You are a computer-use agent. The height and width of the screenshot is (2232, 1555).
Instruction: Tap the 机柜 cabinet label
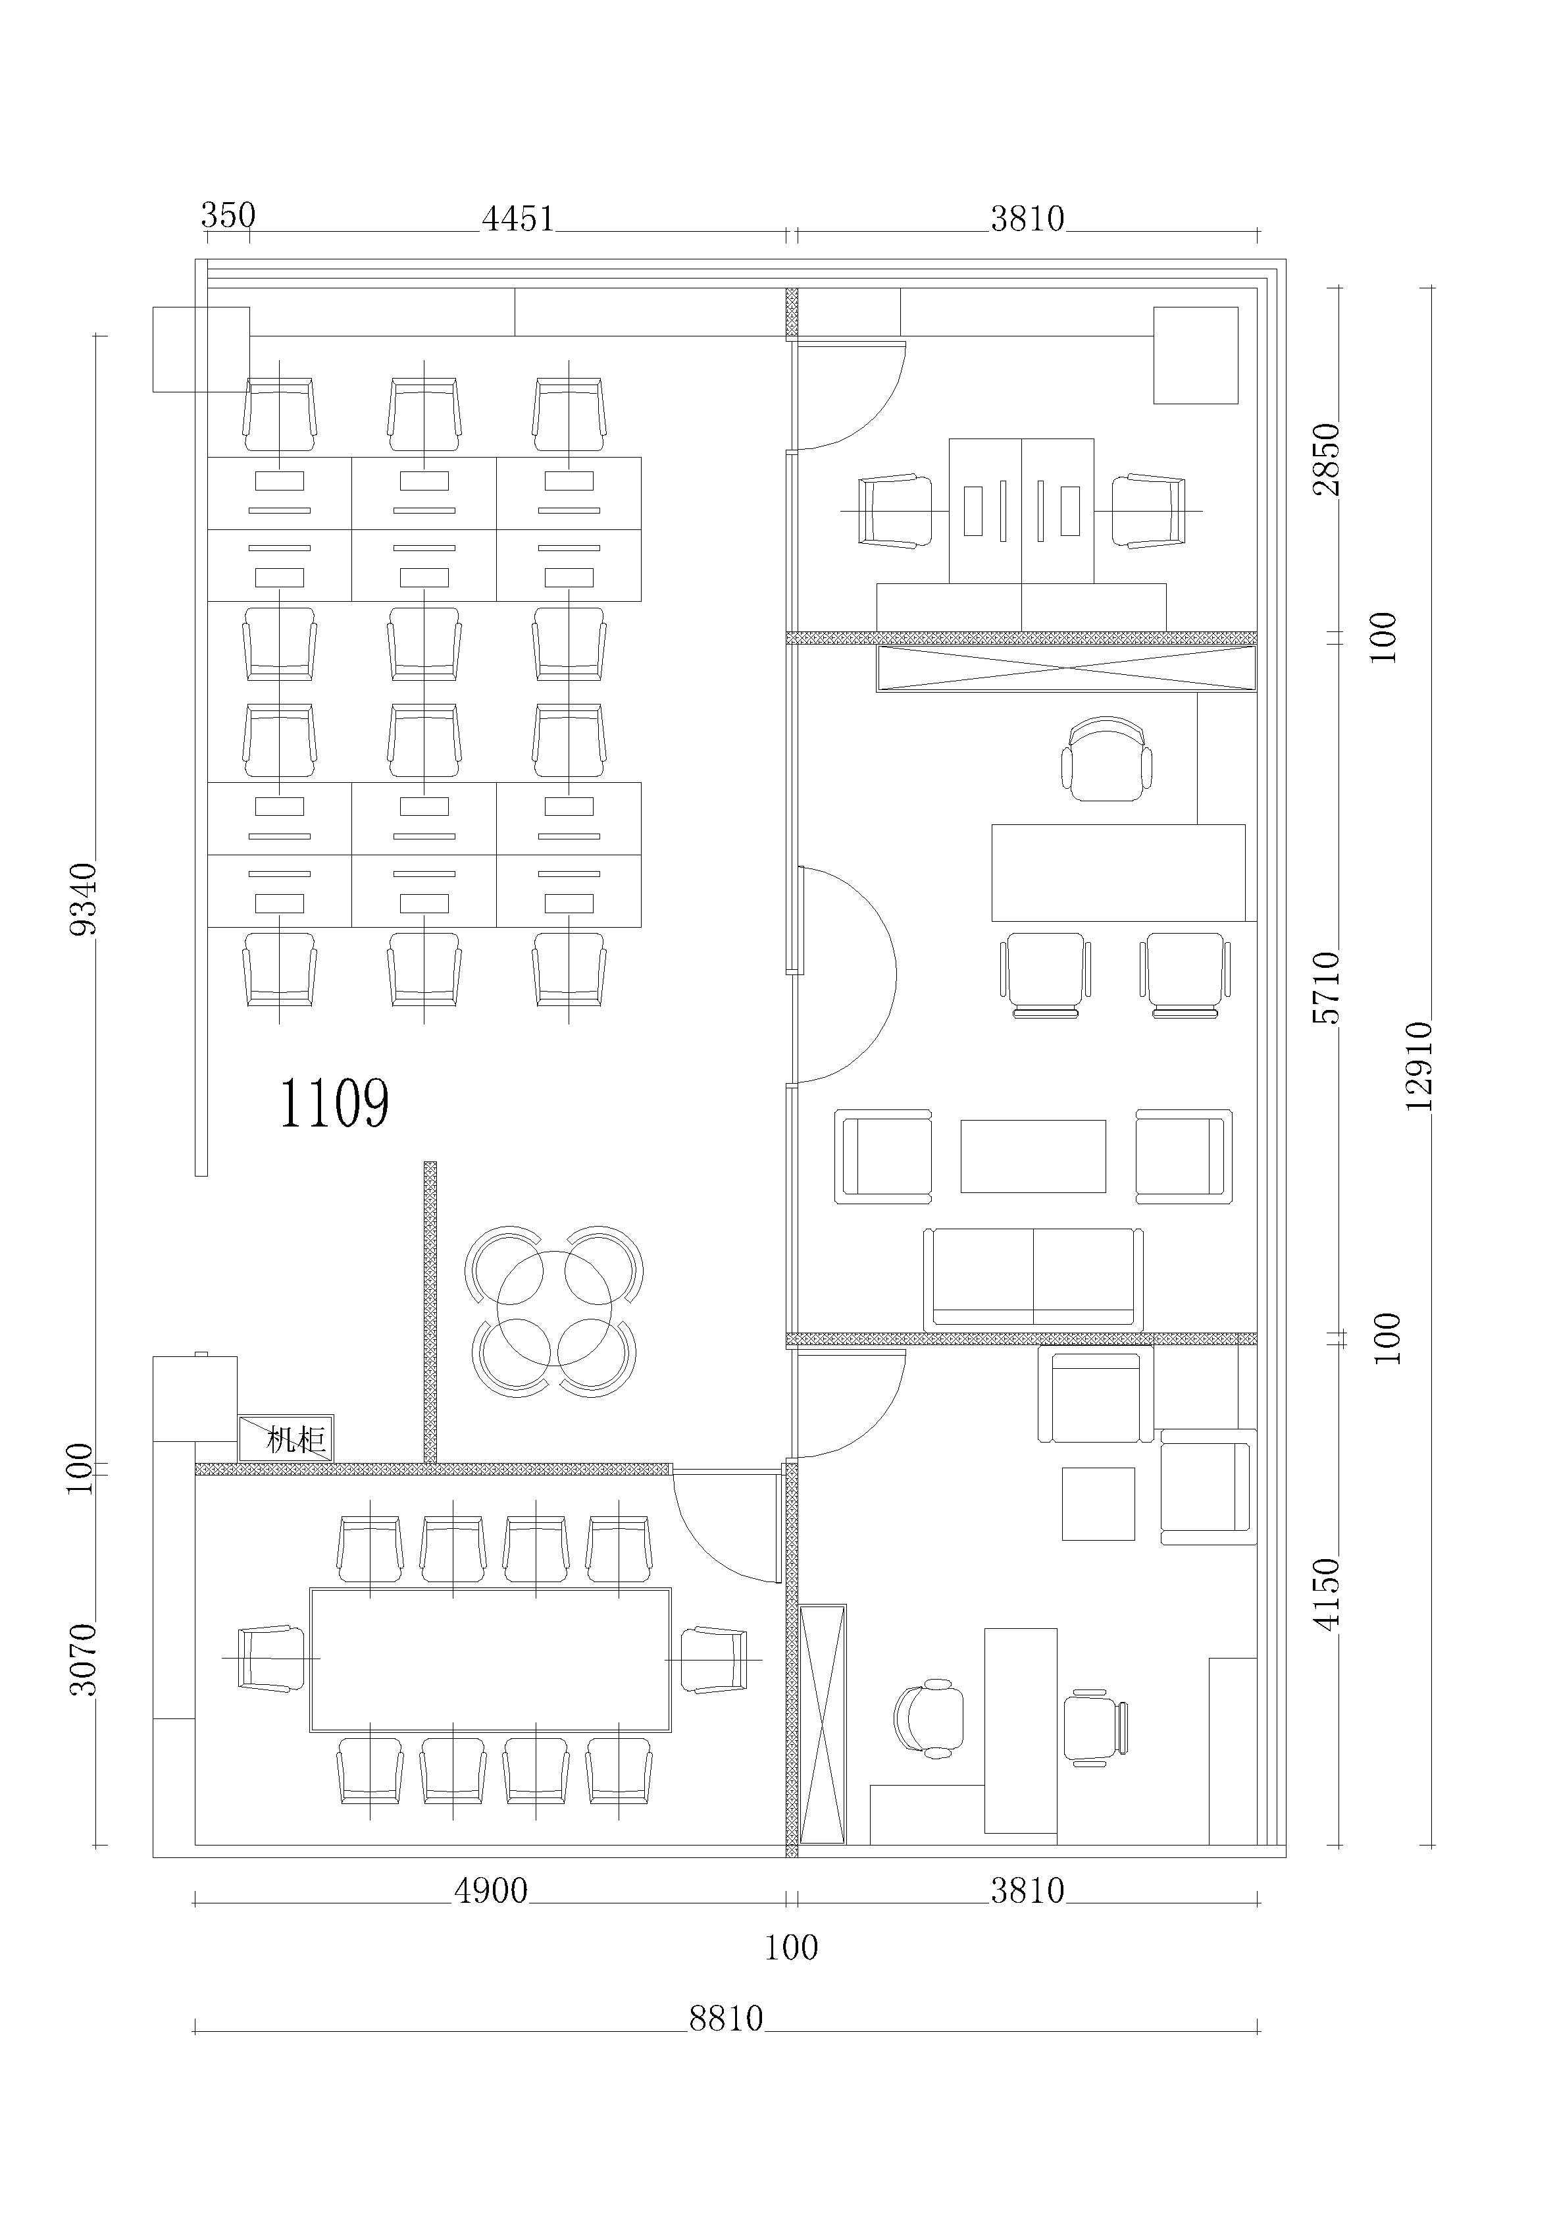295,1439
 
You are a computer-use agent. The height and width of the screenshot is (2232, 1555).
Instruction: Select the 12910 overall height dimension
1419,1065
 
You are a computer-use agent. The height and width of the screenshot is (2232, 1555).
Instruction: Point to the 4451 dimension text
518,219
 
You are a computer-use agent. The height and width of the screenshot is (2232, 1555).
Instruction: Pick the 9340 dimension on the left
84,898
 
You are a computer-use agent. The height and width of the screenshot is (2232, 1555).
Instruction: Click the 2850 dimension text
1325,459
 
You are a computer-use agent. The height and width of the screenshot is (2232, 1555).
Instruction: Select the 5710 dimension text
1325,987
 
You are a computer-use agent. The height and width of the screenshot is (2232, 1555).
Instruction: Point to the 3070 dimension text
84,1659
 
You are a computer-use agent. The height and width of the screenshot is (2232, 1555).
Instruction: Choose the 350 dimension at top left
228,215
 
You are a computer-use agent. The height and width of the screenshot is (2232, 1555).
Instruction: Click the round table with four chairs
554,1310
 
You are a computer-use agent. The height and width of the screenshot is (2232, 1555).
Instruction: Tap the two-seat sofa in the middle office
1033,1279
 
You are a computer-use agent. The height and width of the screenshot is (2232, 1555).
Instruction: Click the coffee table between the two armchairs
1033,1156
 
